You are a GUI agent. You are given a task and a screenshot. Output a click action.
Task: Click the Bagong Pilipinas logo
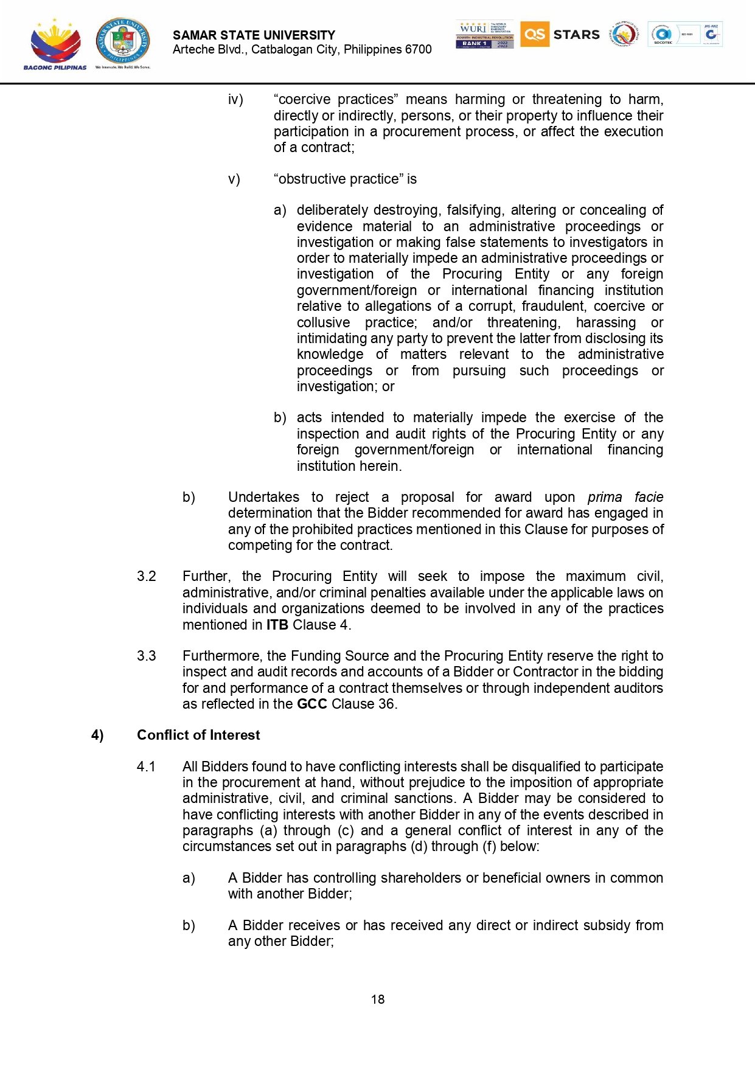[x=55, y=44]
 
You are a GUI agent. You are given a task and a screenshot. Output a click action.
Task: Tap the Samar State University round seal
[x=123, y=41]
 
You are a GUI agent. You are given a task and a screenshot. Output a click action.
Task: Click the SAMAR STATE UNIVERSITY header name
[x=254, y=35]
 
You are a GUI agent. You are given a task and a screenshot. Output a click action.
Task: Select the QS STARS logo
[x=560, y=34]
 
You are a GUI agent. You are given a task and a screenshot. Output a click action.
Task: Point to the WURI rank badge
[x=484, y=34]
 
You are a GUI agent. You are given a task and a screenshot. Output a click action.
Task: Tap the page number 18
[x=378, y=999]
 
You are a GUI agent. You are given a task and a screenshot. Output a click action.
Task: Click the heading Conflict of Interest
[x=198, y=735]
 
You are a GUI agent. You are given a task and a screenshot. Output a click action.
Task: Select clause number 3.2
[x=147, y=576]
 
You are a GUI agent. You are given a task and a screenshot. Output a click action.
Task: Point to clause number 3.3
[x=147, y=656]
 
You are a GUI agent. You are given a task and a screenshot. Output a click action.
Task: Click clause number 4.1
[x=147, y=766]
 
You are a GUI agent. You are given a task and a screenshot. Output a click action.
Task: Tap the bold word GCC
[x=312, y=704]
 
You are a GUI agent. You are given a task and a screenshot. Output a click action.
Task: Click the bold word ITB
[x=277, y=625]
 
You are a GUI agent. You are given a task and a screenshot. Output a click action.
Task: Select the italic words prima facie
[x=625, y=497]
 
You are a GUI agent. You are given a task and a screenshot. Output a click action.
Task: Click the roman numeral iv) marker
[x=235, y=99]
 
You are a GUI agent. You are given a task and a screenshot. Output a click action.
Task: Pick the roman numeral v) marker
[x=234, y=179]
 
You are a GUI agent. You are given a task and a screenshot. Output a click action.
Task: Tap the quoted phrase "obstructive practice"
[x=339, y=179]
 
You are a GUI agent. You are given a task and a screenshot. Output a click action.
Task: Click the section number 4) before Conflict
[x=97, y=735]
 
